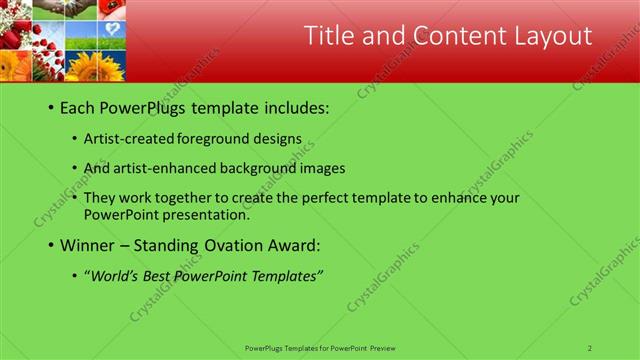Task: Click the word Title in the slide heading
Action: (329, 37)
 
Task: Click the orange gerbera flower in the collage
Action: (14, 66)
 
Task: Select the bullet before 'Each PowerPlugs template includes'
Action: (50, 108)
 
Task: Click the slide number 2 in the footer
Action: (590, 348)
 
